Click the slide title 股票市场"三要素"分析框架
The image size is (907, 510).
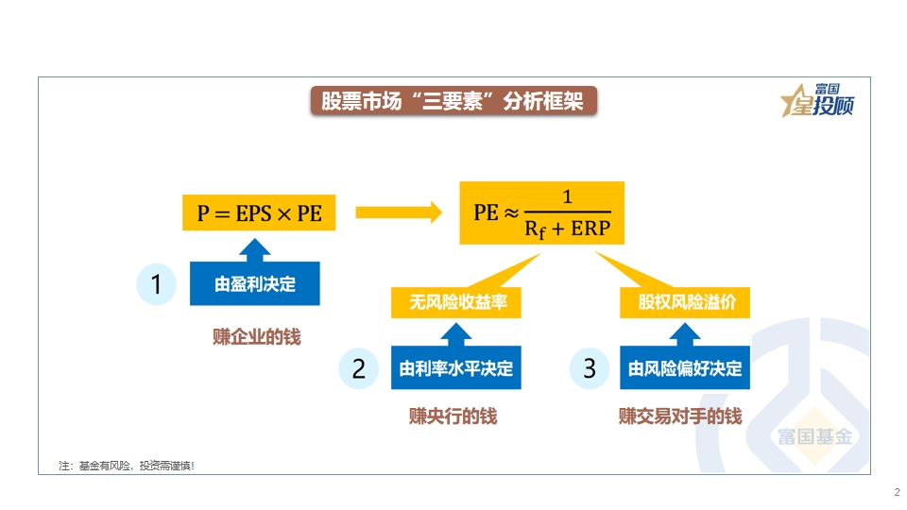coord(453,101)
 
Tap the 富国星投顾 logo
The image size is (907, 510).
coord(817,100)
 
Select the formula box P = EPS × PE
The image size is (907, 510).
coord(259,212)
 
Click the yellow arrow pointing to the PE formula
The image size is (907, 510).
coord(399,212)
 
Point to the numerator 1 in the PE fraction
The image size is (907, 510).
coord(568,197)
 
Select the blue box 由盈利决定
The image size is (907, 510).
coord(254,283)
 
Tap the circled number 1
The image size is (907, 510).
coord(156,284)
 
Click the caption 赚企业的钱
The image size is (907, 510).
coord(256,336)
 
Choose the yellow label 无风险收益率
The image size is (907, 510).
coord(455,302)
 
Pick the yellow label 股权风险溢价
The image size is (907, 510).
coord(685,302)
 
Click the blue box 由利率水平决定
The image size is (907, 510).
coord(455,367)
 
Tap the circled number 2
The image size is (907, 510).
coord(359,368)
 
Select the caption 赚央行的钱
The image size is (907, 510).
coord(453,416)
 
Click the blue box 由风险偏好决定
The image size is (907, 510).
coord(685,367)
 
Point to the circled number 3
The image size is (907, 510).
coord(590,368)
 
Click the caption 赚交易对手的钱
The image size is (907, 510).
coord(680,416)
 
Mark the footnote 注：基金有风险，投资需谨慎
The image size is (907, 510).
coord(126,466)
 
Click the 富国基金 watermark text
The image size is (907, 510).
coord(815,436)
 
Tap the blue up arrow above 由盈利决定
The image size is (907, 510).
coord(254,250)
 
